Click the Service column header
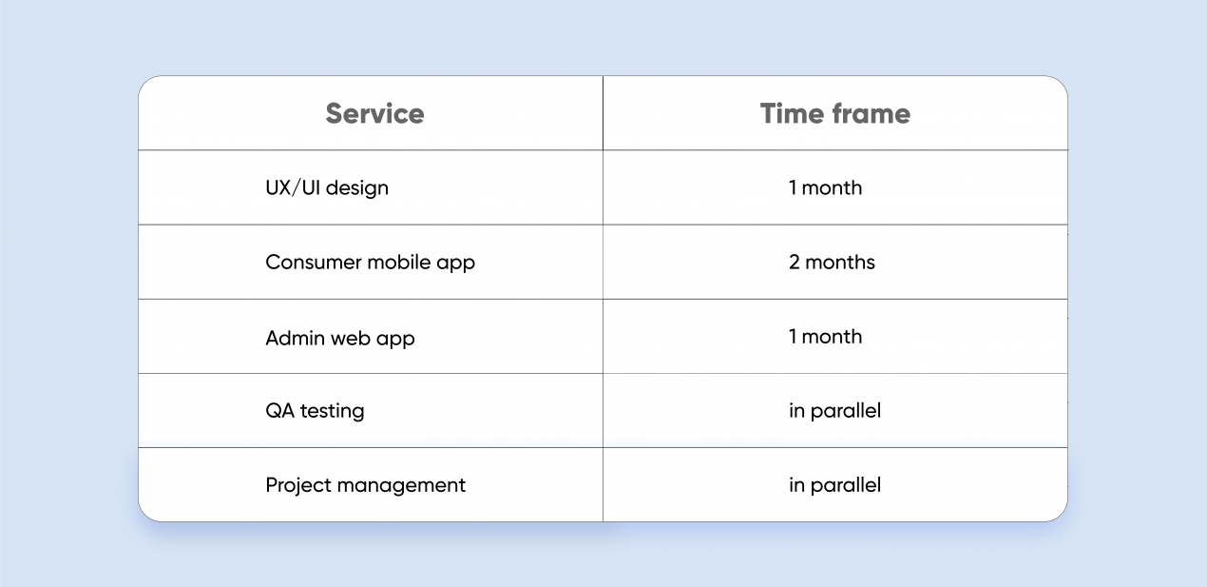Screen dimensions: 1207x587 tap(374, 113)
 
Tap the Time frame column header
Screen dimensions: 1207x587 tap(835, 113)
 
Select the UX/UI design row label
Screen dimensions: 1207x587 tap(327, 187)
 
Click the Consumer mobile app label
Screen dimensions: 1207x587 tap(371, 263)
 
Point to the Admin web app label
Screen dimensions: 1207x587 tap(340, 339)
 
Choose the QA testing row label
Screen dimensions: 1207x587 tap(315, 411)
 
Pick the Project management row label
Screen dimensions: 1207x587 tap(365, 485)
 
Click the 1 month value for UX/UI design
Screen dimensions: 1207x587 tap(826, 187)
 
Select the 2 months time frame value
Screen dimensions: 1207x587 tap(832, 263)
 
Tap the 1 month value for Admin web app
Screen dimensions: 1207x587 tap(826, 337)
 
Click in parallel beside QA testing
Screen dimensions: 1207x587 tap(835, 411)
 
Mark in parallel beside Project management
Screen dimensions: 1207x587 tap(835, 485)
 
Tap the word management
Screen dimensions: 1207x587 tap(401, 485)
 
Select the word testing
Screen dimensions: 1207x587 tap(333, 411)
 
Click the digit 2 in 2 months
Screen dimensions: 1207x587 tap(795, 263)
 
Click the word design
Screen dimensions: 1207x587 tap(357, 188)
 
